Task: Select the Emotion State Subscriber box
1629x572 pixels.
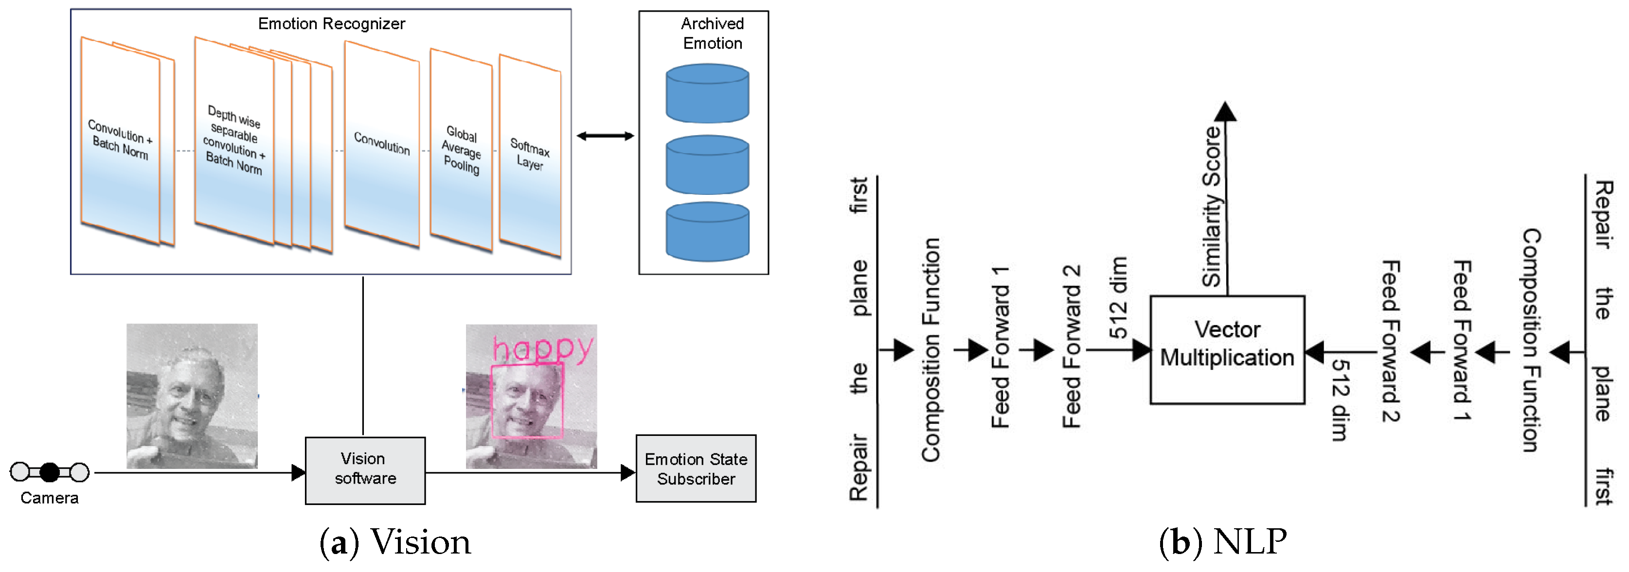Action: click(696, 468)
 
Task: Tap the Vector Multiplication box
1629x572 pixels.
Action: click(1227, 349)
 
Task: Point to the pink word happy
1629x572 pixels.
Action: click(542, 347)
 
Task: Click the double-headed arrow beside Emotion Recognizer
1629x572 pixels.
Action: click(605, 136)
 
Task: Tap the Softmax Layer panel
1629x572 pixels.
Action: click(530, 155)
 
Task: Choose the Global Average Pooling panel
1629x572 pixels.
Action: click(461, 150)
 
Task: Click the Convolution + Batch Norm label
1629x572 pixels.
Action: click(120, 139)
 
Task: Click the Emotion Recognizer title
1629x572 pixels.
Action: click(331, 24)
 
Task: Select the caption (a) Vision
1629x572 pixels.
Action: click(395, 542)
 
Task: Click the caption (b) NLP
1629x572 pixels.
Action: click(1222, 542)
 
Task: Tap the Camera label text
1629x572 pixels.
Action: click(49, 498)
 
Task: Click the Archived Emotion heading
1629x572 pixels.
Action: click(712, 34)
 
